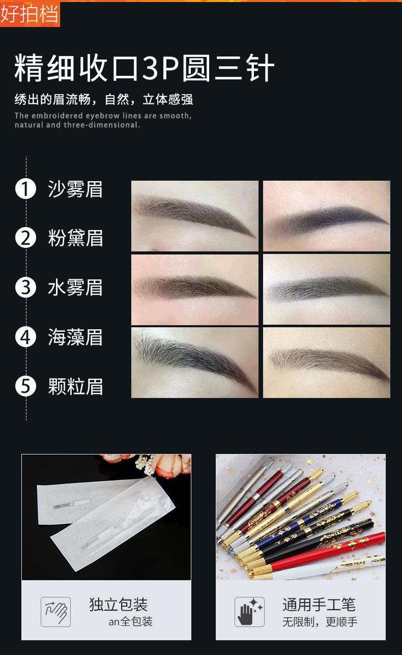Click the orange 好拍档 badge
click(x=30, y=14)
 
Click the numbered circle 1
click(x=25, y=189)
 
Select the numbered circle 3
click(x=25, y=288)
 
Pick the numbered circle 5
click(x=25, y=387)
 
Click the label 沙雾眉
click(x=75, y=189)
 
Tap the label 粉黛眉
click(x=75, y=238)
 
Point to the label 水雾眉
click(x=75, y=288)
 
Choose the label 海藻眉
click(x=75, y=337)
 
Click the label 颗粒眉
click(x=75, y=387)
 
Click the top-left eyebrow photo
click(x=194, y=216)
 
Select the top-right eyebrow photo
click(x=326, y=216)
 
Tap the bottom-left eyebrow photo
click(x=194, y=362)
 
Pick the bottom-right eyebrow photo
click(x=326, y=362)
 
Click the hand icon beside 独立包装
click(x=55, y=612)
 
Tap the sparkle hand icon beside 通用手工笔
click(x=249, y=612)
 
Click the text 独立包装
click(x=118, y=605)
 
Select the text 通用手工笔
click(x=319, y=605)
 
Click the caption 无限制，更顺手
click(x=320, y=622)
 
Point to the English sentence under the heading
click(x=103, y=120)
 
